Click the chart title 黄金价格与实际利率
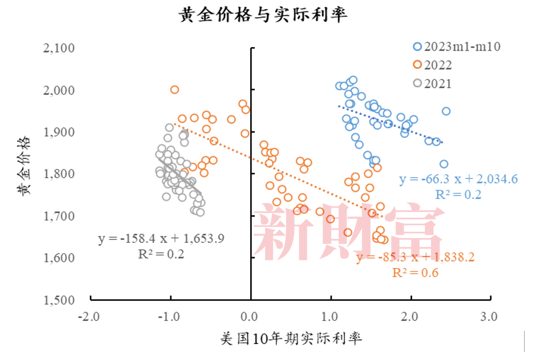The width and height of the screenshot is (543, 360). coord(263,15)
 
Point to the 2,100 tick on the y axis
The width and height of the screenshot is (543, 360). coord(59,48)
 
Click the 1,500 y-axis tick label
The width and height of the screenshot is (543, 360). coord(59,300)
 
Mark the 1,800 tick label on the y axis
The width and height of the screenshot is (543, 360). coord(59,174)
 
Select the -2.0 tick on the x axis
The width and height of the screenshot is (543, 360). coord(90,316)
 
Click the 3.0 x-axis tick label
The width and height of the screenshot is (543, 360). coord(488,316)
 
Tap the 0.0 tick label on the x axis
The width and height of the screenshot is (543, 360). coord(250,316)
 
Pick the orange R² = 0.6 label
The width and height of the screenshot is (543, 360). coord(415,273)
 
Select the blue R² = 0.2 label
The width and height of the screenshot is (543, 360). coord(457,195)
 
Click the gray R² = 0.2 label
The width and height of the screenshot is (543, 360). coord(162,254)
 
